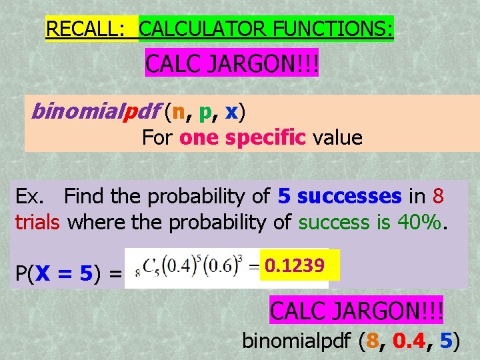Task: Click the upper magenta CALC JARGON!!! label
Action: (232, 65)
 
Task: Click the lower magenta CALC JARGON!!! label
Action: (356, 311)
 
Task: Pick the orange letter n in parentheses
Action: (178, 112)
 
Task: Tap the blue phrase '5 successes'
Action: (340, 196)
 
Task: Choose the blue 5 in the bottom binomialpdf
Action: (447, 342)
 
